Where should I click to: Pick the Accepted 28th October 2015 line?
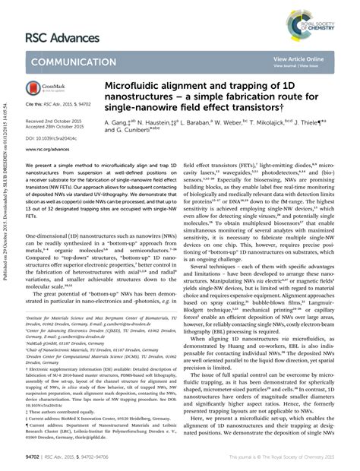click(x=55, y=126)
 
